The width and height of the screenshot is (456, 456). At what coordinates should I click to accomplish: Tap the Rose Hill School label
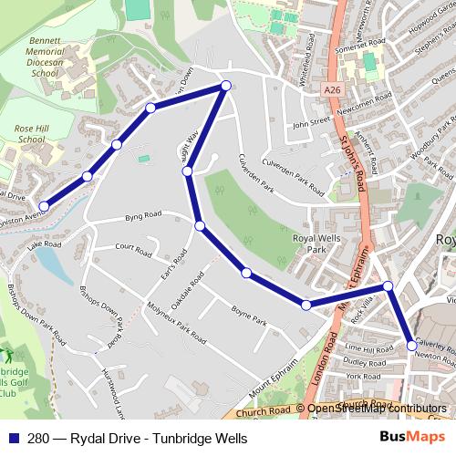pyautogui.click(x=31, y=133)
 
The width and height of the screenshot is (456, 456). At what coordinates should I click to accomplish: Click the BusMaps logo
pyautogui.click(x=406, y=437)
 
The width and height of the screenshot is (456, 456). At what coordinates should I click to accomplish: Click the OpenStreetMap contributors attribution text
pyautogui.click(x=377, y=409)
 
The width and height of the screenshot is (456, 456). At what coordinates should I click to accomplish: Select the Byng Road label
pyautogui.click(x=143, y=215)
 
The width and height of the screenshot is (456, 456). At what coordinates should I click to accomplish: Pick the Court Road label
pyautogui.click(x=133, y=247)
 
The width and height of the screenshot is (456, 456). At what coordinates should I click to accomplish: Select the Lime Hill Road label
pyautogui.click(x=368, y=348)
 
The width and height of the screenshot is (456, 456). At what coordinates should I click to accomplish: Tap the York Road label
pyautogui.click(x=363, y=376)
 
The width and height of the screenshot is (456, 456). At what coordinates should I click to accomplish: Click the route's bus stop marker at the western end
pyautogui.click(x=44, y=207)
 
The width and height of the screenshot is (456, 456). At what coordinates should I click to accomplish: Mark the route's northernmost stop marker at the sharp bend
pyautogui.click(x=226, y=86)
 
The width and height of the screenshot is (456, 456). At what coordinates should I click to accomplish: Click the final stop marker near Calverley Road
pyautogui.click(x=411, y=346)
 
